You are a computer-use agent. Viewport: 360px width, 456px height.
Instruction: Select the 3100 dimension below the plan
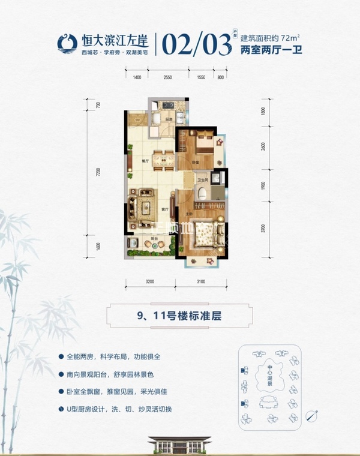[201, 281]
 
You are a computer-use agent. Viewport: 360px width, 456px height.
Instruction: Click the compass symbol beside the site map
[311, 415]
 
